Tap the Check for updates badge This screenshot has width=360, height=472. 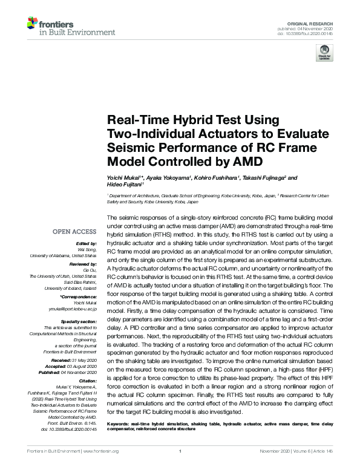pyautogui.click(x=324, y=54)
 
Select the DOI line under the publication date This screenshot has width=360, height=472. pyautogui.click(x=310, y=33)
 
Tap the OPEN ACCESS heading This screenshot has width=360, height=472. pyautogui.click(x=74, y=232)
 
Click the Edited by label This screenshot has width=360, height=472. pyautogui.click(x=85, y=243)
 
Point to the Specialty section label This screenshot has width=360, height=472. pyautogui.click(x=76, y=321)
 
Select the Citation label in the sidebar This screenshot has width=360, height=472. pyautogui.click(x=87, y=381)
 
